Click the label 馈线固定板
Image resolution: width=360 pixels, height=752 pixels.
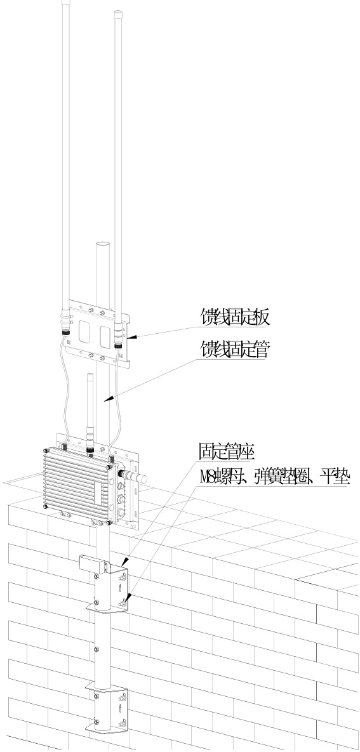click(235, 318)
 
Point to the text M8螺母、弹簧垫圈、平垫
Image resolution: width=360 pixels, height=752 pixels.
click(274, 478)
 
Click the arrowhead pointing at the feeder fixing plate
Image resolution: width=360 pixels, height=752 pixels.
click(133, 338)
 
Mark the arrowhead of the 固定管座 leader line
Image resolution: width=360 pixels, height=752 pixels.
click(125, 560)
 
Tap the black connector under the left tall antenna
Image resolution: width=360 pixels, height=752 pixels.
click(65, 333)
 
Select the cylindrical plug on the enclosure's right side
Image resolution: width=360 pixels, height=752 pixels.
click(137, 477)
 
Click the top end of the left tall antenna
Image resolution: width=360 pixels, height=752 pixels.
click(66, 2)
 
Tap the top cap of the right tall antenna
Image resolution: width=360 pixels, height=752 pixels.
click(117, 14)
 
